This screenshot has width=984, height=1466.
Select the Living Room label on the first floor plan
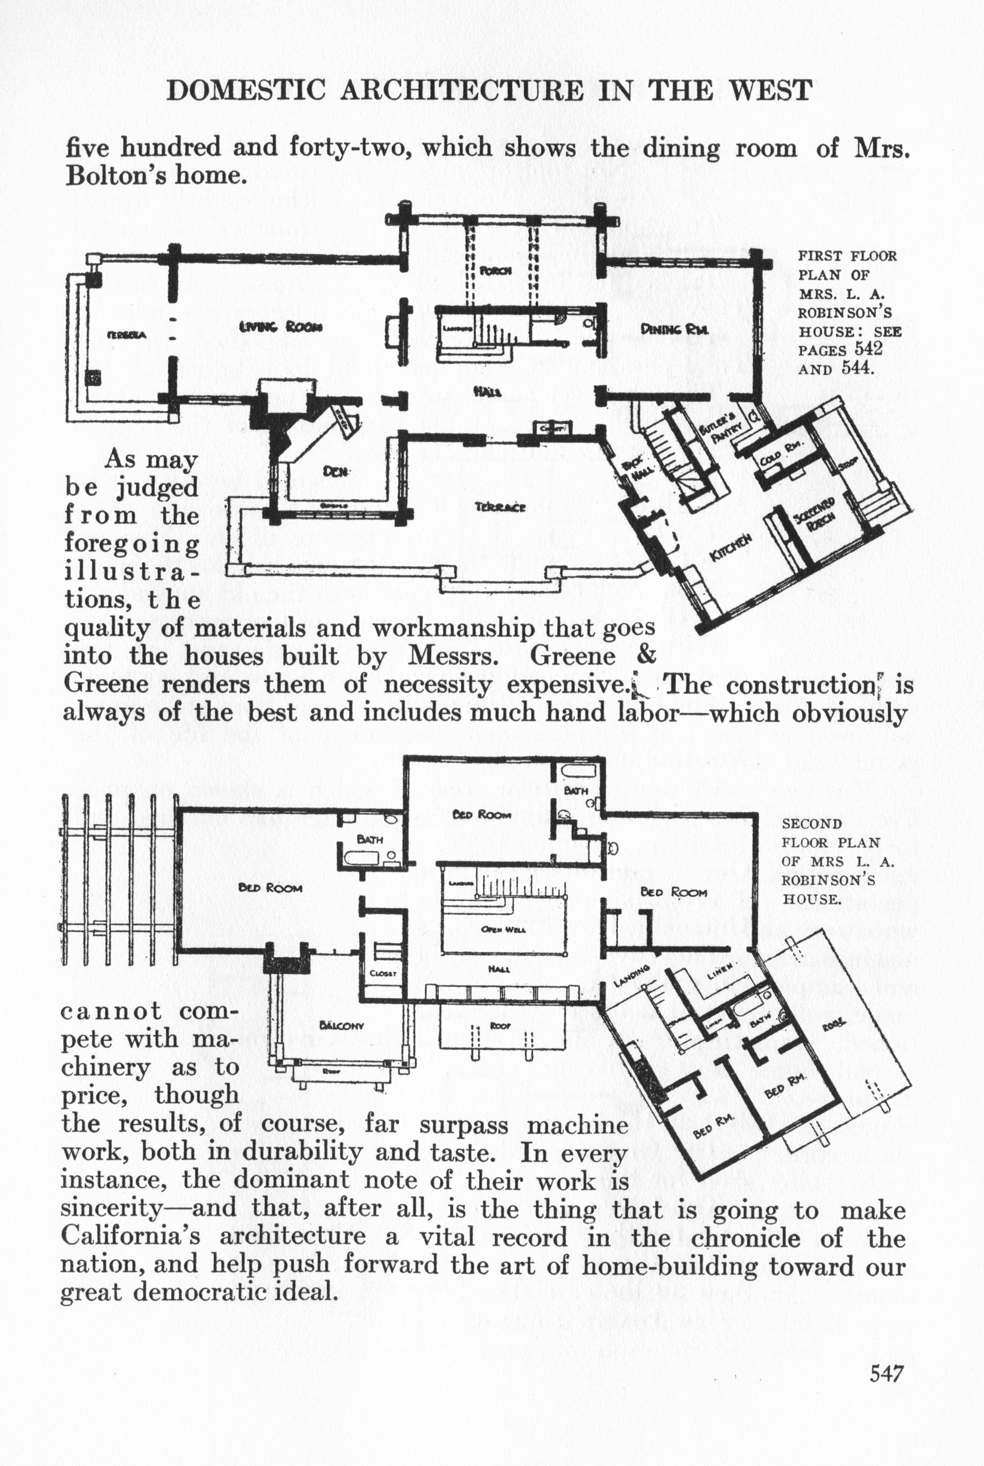coord(280,326)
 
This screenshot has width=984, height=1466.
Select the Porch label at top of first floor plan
coord(496,270)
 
